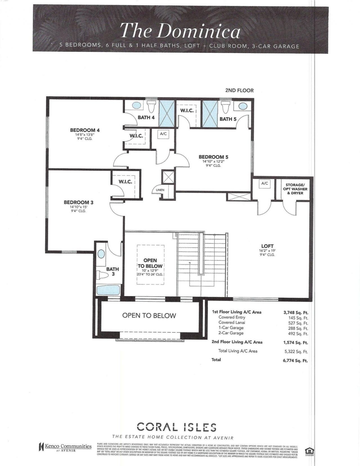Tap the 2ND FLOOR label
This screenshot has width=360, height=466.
pos(239,90)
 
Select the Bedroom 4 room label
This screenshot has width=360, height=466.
pos(85,130)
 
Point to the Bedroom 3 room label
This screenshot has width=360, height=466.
pos(78,202)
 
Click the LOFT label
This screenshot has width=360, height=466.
pos(267,246)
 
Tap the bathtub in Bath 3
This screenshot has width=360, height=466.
pos(108,290)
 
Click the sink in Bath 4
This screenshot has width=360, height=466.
pos(137,106)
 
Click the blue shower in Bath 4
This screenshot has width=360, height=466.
pos(167,113)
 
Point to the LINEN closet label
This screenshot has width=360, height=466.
pos(160,190)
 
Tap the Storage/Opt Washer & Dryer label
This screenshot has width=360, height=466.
pos(295,189)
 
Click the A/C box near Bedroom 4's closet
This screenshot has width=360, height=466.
pos(163,134)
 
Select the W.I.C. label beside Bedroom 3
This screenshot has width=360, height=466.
pos(125,182)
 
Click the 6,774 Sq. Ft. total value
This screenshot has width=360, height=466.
pos(295,361)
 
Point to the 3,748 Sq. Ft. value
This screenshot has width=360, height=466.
pos(296,312)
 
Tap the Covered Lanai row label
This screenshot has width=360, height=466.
pos(231,323)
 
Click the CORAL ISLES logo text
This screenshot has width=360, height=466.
pos(177,427)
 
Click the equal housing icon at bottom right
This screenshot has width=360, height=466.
pos(308,450)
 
